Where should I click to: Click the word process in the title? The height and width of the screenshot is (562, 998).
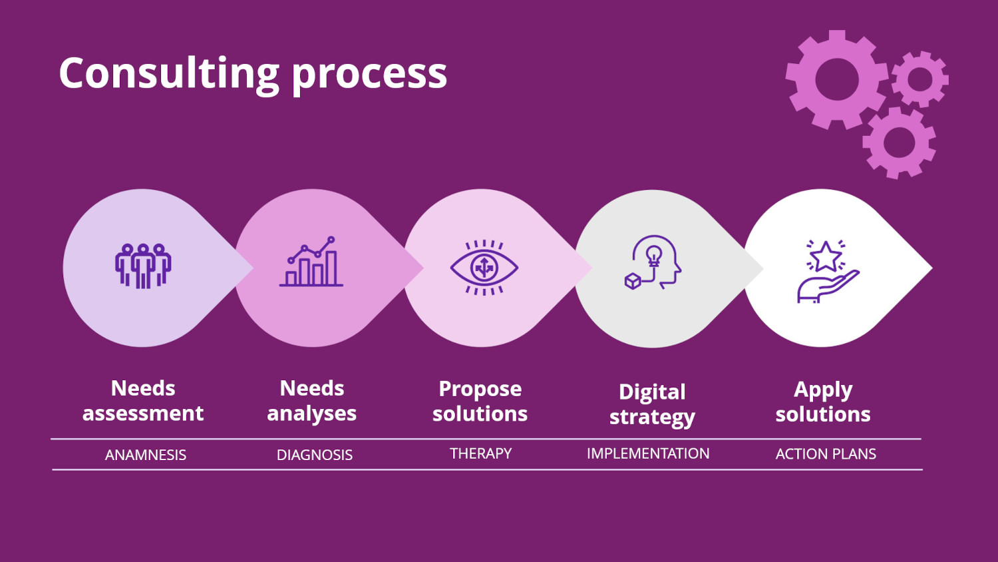pos(369,75)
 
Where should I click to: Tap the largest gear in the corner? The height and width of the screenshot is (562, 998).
pos(836,79)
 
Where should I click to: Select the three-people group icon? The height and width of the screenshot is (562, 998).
pos(143,266)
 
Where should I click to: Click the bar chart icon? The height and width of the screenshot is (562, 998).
pos(311,262)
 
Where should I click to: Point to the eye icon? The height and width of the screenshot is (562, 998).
pos(484,268)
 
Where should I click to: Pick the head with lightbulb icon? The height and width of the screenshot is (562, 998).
pos(654,262)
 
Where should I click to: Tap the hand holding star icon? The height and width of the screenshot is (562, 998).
pos(827,271)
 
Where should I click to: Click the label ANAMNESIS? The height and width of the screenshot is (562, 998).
pos(146,455)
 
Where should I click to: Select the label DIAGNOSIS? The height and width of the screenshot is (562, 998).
pos(315,455)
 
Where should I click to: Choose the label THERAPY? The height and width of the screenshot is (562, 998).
pos(480,453)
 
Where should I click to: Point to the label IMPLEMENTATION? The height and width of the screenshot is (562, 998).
pos(648,453)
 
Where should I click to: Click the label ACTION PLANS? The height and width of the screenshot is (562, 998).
pos(826,454)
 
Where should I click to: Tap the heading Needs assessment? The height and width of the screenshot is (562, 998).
pos(143,401)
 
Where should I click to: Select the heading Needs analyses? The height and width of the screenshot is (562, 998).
pos(312,401)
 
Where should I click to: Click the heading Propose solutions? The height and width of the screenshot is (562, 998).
pos(480,401)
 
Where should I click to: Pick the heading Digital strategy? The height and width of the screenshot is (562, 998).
pos(652,404)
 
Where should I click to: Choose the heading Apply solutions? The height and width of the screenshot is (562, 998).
pos(823,402)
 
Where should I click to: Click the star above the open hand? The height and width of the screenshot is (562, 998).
pos(826,256)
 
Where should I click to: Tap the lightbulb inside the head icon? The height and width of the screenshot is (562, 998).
pos(654,254)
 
